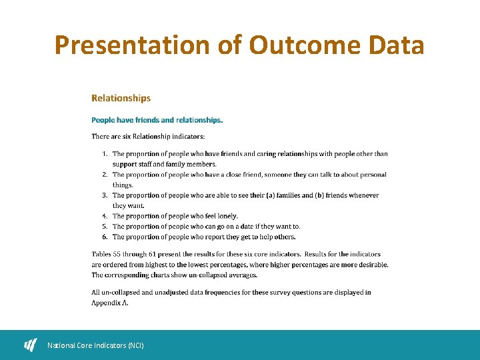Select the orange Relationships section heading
click(121, 98)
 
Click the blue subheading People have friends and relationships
click(157, 120)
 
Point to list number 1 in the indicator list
click(105, 154)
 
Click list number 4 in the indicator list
click(105, 216)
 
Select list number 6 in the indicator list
click(105, 237)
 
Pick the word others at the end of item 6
click(285, 237)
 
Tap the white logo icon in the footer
click(31, 345)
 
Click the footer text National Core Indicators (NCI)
click(95, 345)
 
